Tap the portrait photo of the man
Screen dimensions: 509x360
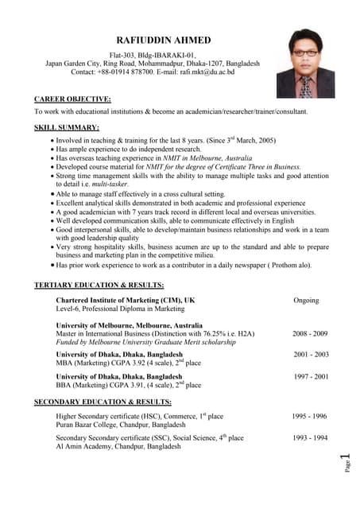(x=305, y=64)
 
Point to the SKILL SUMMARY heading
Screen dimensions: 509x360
(x=67, y=127)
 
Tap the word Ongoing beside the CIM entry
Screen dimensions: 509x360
(x=306, y=301)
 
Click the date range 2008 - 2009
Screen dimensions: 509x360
(x=310, y=334)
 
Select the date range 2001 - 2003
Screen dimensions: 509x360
(x=310, y=355)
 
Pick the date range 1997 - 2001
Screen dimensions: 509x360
(x=310, y=377)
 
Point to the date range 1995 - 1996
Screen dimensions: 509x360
(x=308, y=416)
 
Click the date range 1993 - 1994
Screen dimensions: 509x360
(x=308, y=438)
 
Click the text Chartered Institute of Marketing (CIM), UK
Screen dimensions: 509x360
(x=125, y=300)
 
